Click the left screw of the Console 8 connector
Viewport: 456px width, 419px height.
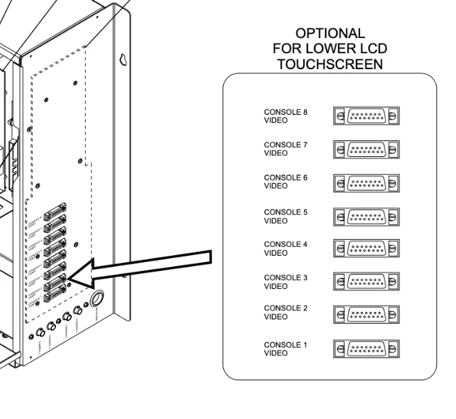coord(339,115)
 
